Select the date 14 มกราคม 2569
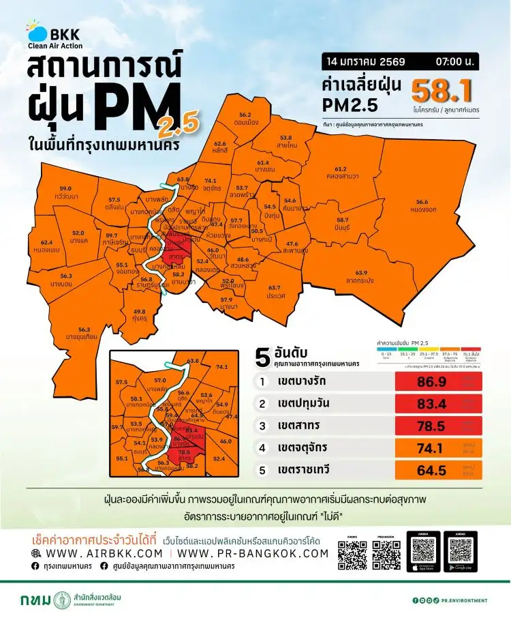point(366,62)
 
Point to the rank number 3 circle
point(262,426)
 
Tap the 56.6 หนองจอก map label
point(421,205)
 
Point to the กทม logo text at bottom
point(35,600)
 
